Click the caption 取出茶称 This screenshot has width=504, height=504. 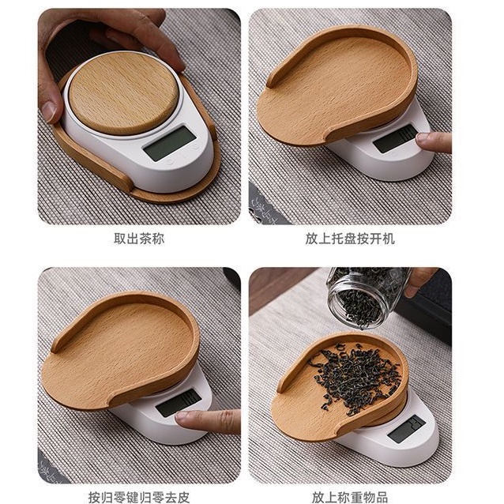pyautogui.click(x=139, y=239)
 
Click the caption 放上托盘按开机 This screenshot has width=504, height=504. pyautogui.click(x=350, y=239)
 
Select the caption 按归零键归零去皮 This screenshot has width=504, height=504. pyautogui.click(x=139, y=497)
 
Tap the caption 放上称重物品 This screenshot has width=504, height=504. pyautogui.click(x=350, y=497)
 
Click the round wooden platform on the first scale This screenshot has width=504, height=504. pyautogui.click(x=124, y=93)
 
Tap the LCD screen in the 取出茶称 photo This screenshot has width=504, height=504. pyautogui.click(x=170, y=143)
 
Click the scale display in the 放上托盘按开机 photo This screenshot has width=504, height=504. pyautogui.click(x=396, y=139)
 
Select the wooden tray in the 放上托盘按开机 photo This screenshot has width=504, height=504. pyautogui.click(x=337, y=85)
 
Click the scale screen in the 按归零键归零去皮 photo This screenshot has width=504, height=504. pyautogui.click(x=179, y=402)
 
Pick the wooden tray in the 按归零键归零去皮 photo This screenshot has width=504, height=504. pyautogui.click(x=121, y=351)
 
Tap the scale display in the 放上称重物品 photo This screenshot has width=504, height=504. pyautogui.click(x=406, y=429)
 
